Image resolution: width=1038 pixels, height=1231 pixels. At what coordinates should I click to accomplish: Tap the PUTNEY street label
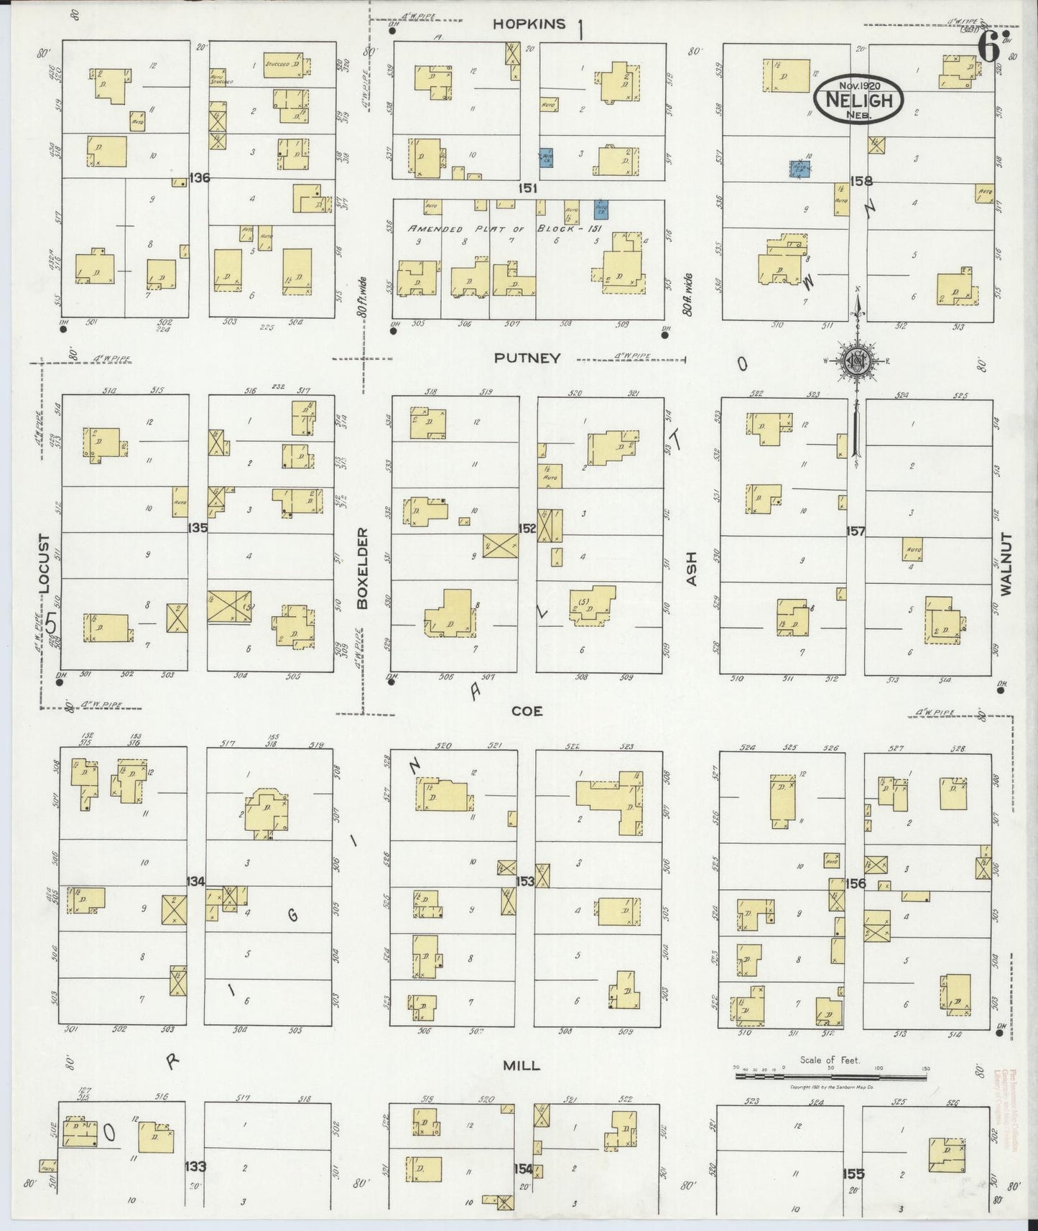pyautogui.click(x=527, y=358)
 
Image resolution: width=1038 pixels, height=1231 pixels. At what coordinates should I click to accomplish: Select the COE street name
pyautogui.click(x=527, y=711)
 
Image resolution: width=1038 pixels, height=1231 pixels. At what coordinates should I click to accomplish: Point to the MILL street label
pyautogui.click(x=522, y=1066)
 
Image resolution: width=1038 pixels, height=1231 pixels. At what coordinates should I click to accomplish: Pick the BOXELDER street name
pyautogui.click(x=363, y=569)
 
